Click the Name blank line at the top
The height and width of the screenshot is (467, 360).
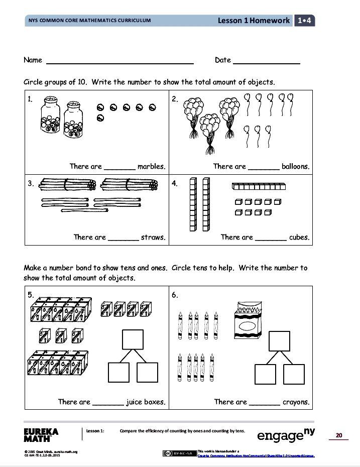(119, 63)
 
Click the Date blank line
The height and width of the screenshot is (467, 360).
(266, 63)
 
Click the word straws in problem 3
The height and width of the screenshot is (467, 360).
(153, 237)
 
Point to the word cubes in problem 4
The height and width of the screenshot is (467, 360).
(299, 237)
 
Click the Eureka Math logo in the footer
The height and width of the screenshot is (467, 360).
(41, 434)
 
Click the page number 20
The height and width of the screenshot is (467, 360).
(339, 435)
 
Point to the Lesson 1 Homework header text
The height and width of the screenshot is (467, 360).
(254, 21)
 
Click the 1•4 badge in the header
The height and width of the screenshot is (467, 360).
(305, 21)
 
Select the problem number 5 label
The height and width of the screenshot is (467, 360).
(31, 295)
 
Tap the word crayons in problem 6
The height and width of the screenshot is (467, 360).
(296, 402)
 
